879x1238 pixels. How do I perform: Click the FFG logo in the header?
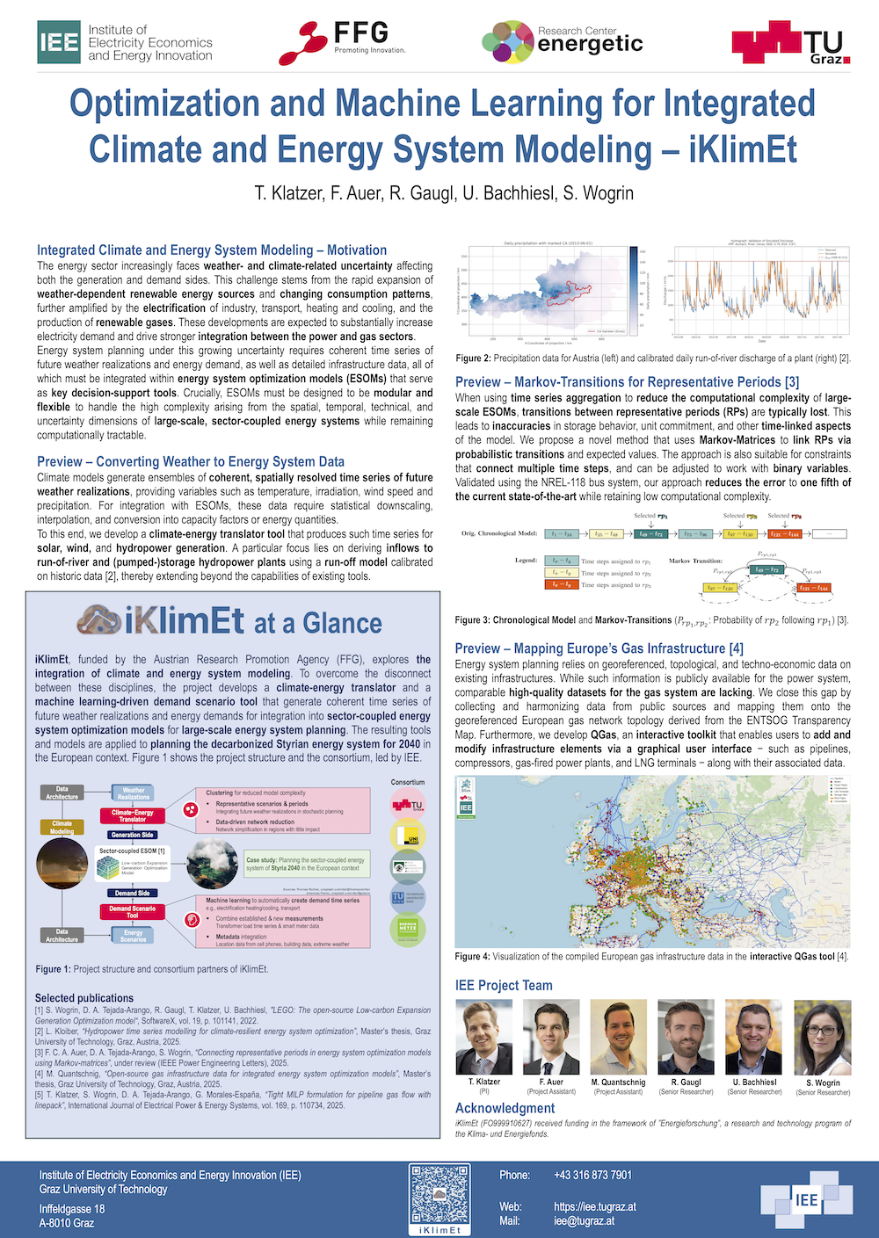point(343,41)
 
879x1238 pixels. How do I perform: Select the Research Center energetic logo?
point(563,42)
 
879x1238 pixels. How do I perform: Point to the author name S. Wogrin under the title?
point(600,192)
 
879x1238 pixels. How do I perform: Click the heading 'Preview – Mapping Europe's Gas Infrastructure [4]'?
point(599,648)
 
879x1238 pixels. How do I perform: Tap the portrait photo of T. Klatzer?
point(483,1037)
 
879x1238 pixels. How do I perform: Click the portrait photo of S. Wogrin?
point(823,1038)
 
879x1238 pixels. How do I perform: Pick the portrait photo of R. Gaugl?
point(686,1037)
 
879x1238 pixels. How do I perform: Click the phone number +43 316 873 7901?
point(592,1175)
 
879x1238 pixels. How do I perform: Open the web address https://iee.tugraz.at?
point(595,1206)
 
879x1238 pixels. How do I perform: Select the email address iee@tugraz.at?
point(584,1220)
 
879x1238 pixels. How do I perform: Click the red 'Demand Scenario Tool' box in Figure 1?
point(132,911)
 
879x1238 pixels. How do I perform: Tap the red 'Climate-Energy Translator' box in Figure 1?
point(132,815)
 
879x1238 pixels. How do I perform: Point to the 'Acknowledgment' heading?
point(505,1108)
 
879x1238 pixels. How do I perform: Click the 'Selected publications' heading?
point(84,998)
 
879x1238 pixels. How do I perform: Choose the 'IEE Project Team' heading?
point(504,985)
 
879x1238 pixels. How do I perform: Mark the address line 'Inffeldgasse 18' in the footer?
point(72,1208)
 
